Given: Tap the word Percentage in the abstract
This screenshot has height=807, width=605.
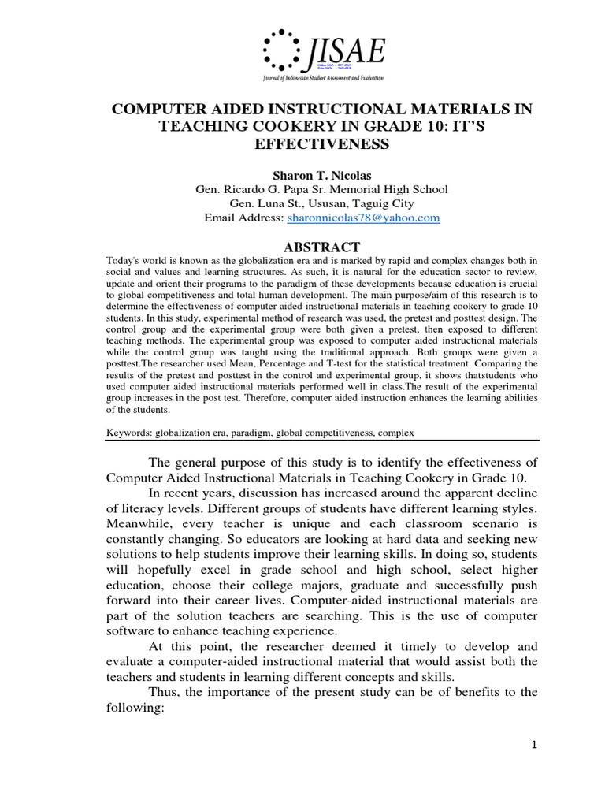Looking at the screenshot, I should (254, 365).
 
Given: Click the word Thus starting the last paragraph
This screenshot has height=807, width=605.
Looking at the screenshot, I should (163, 691).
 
